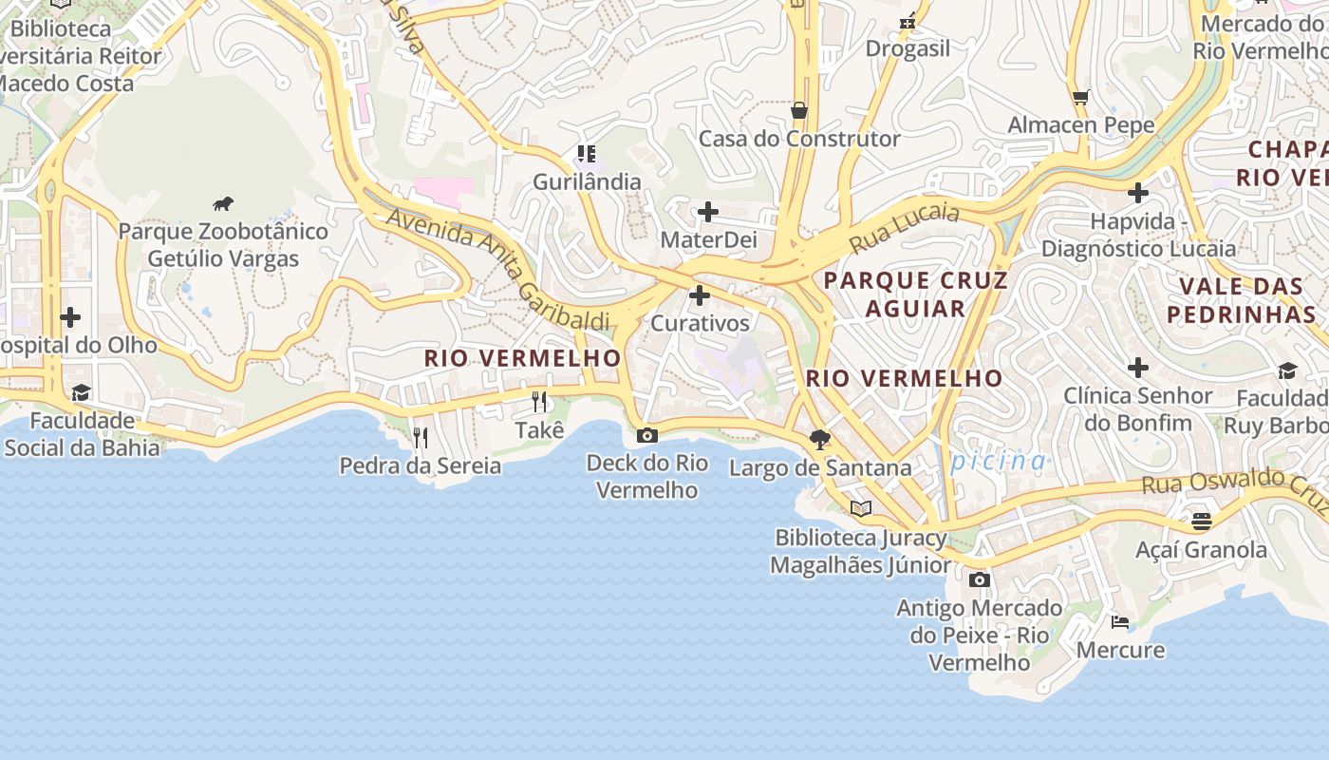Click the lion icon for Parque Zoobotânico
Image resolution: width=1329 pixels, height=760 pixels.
click(223, 203)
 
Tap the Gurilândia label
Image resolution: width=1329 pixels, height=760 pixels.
click(587, 181)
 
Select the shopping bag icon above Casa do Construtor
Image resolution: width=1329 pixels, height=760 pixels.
click(799, 111)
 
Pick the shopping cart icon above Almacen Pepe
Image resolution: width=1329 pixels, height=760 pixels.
click(1080, 97)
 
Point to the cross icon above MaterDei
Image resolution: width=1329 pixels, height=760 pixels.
click(708, 212)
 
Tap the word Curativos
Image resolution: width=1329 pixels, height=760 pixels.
click(700, 323)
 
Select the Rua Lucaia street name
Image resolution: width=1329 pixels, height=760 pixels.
click(904, 227)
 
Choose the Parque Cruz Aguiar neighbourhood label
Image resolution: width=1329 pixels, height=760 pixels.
click(915, 294)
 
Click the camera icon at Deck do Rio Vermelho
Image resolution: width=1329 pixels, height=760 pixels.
click(647, 435)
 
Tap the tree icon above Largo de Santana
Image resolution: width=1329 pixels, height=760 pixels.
click(819, 439)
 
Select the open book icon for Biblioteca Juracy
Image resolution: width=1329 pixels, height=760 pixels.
click(861, 509)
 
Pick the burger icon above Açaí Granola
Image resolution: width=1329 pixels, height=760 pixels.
click(1202, 522)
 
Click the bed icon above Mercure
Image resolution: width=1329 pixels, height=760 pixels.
click(1120, 622)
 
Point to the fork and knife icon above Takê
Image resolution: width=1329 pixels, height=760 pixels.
click(539, 402)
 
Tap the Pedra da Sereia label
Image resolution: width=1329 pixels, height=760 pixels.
click(421, 465)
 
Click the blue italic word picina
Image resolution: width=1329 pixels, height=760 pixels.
click(998, 462)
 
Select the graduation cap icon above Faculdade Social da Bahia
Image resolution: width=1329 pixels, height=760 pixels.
click(82, 393)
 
